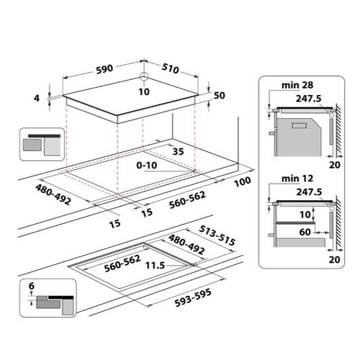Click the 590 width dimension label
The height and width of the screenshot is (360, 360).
click(x=104, y=69)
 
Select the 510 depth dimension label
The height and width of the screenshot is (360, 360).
click(x=170, y=68)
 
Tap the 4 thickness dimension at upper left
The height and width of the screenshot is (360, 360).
click(x=37, y=98)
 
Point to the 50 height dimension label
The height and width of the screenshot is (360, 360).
click(x=220, y=96)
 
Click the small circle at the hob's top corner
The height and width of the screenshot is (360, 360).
click(x=144, y=76)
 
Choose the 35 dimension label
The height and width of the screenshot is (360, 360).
click(x=178, y=152)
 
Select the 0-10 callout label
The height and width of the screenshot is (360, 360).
click(x=147, y=166)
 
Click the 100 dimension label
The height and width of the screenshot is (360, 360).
click(x=243, y=181)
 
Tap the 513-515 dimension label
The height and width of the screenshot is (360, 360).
click(x=217, y=235)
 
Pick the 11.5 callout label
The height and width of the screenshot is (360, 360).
click(x=156, y=266)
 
